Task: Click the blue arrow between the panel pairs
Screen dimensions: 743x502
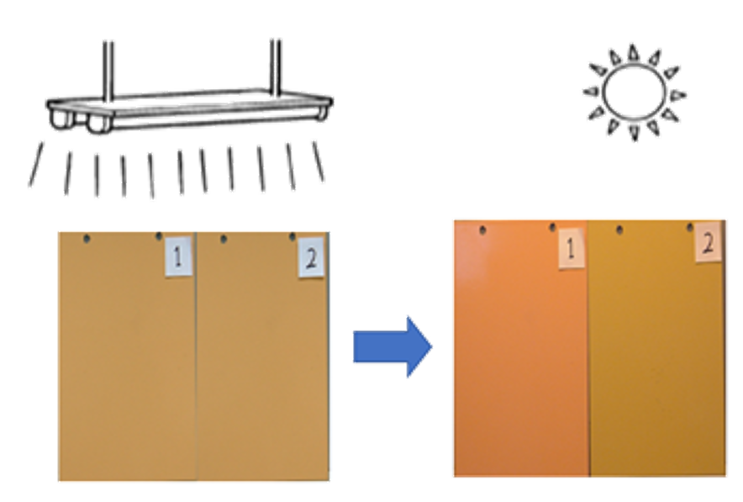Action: tap(393, 347)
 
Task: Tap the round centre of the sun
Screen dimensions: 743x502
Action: tap(634, 92)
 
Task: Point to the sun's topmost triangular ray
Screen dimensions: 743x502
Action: tap(633, 52)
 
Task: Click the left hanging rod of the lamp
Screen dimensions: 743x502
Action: tap(108, 71)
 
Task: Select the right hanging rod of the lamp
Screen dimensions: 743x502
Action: tap(276, 66)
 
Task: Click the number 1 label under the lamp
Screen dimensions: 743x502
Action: tap(178, 256)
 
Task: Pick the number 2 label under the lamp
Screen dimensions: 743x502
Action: tap(311, 257)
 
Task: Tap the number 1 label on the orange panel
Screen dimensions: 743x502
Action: tap(571, 248)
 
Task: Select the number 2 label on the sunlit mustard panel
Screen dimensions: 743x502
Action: tap(708, 242)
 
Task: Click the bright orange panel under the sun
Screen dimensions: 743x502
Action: tap(521, 348)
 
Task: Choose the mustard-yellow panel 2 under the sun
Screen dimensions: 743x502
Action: tap(657, 348)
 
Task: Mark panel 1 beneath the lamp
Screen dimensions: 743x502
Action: tap(127, 357)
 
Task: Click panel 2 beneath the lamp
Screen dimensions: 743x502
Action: tap(262, 357)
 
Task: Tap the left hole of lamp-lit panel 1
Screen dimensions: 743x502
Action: tap(87, 239)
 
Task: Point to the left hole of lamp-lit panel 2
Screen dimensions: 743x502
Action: tap(224, 239)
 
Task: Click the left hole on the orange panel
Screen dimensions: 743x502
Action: tap(482, 230)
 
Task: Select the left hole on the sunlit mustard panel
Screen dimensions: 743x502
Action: tap(619, 230)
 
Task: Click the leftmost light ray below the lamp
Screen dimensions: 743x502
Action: tap(35, 164)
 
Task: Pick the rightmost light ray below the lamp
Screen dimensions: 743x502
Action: tap(319, 161)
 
